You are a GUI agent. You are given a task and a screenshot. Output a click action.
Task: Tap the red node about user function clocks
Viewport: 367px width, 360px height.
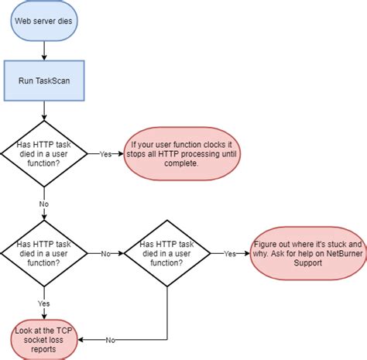click(x=182, y=153)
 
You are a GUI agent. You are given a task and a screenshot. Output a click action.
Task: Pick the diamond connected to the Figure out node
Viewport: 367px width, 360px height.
click(x=167, y=253)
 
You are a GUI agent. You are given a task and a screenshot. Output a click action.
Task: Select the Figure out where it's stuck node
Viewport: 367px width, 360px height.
click(x=307, y=253)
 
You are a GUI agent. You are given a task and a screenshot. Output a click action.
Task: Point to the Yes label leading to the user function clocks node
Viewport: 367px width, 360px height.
click(x=105, y=153)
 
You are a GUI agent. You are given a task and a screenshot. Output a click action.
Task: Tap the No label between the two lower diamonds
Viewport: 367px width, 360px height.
click(x=104, y=253)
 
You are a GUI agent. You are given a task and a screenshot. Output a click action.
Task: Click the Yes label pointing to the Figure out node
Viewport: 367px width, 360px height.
click(x=230, y=253)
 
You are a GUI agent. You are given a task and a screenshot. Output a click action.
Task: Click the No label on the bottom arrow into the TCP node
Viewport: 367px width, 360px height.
click(x=110, y=339)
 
